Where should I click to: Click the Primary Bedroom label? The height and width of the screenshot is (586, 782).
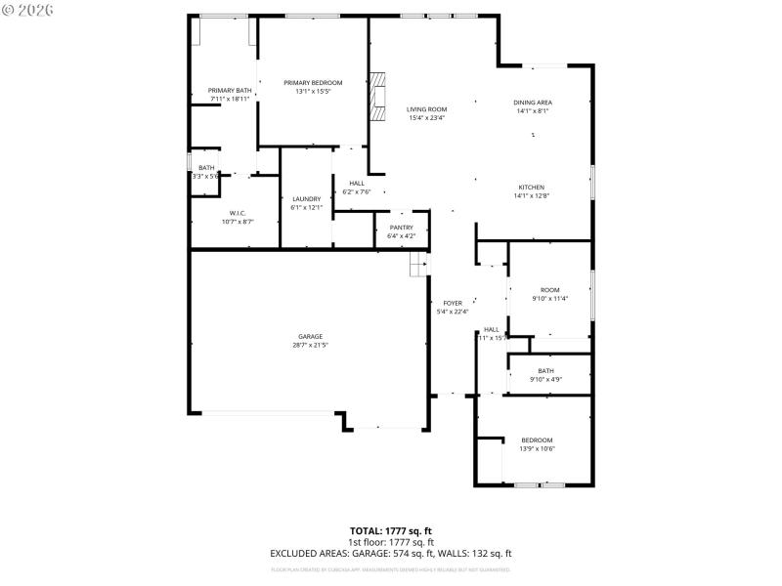(x=313, y=83)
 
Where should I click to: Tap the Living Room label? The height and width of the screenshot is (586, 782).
(x=426, y=109)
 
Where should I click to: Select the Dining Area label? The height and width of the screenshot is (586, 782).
(x=533, y=103)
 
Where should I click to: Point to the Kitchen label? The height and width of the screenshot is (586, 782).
(x=531, y=188)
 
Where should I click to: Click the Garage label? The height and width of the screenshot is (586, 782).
(x=310, y=337)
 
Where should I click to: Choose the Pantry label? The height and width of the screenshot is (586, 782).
(x=401, y=228)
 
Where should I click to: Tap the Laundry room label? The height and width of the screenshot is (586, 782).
(x=306, y=199)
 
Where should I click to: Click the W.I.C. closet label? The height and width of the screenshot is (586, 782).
(x=238, y=214)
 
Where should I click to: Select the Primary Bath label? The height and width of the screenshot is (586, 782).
(x=230, y=91)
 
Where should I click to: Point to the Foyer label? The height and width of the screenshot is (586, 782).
(x=453, y=304)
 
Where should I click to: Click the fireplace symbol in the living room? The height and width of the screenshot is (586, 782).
(x=378, y=96)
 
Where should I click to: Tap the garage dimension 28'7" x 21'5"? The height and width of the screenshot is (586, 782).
(x=310, y=346)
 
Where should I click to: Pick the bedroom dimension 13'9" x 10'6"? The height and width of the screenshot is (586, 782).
(x=537, y=449)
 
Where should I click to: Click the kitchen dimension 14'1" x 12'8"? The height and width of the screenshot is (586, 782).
(x=531, y=196)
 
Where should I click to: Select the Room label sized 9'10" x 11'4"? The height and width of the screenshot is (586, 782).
(x=550, y=290)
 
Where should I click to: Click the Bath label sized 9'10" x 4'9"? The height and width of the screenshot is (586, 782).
(x=545, y=371)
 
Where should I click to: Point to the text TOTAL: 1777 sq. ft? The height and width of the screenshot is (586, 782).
(x=391, y=531)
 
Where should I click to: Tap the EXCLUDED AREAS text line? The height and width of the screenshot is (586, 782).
(x=391, y=553)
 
